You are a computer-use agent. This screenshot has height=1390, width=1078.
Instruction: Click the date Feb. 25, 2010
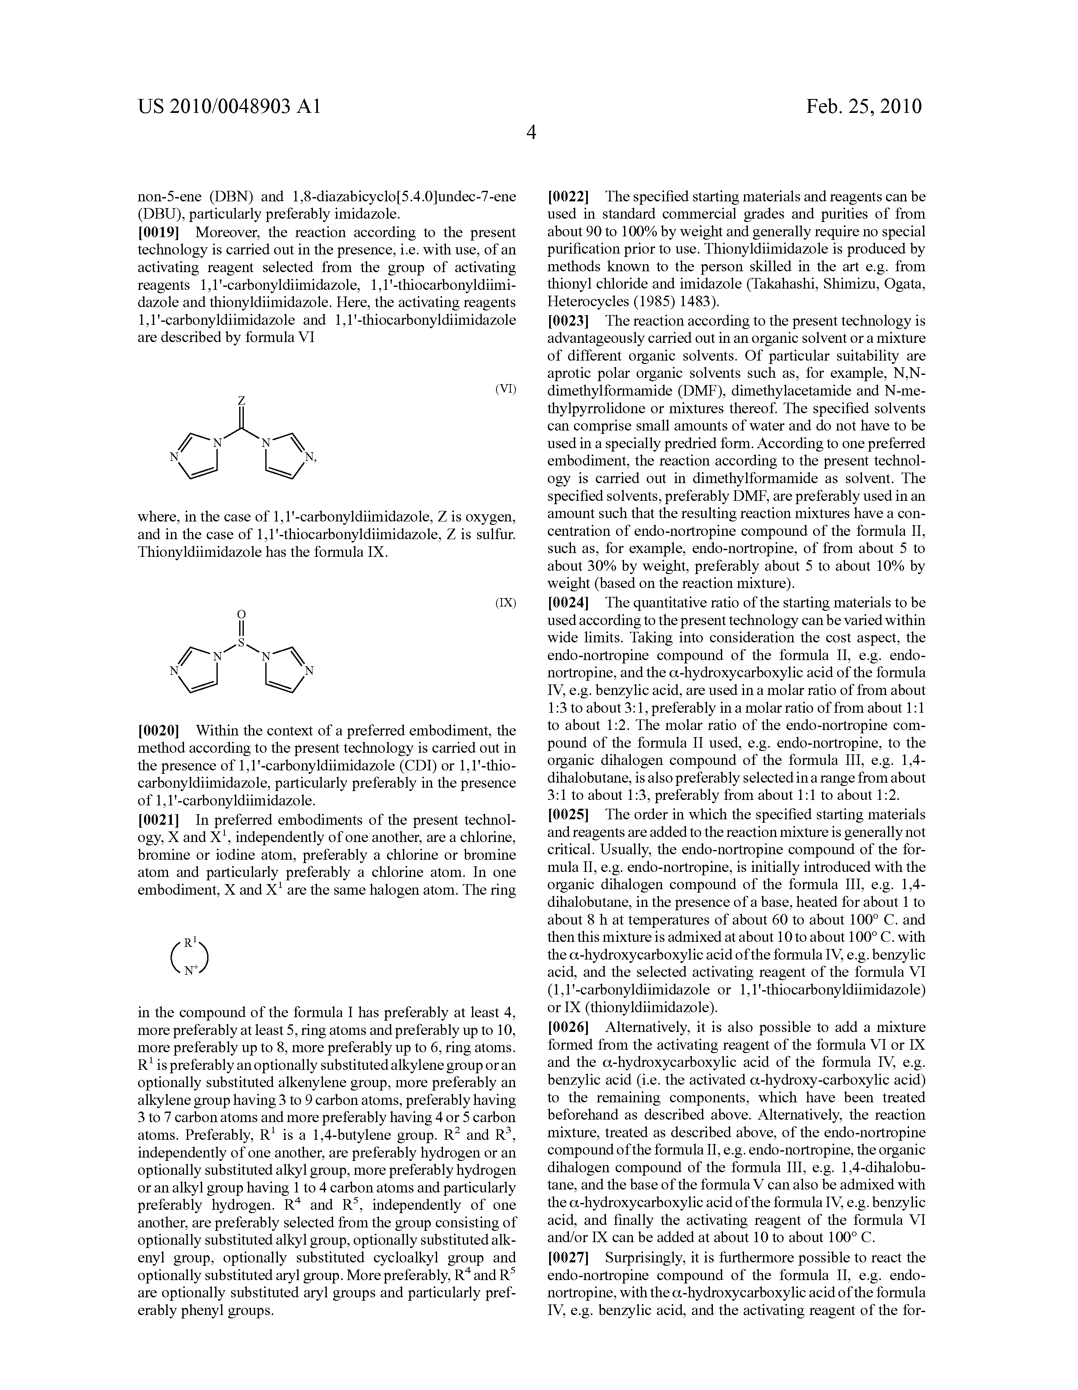(864, 106)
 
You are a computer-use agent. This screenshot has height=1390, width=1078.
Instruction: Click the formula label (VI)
(505, 390)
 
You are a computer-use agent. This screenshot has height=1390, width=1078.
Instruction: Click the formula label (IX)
(505, 603)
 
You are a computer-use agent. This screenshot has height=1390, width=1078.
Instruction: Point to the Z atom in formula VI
(241, 401)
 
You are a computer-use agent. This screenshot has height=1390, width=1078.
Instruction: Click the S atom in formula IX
(241, 644)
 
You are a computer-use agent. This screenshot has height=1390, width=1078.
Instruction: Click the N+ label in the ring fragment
(191, 970)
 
